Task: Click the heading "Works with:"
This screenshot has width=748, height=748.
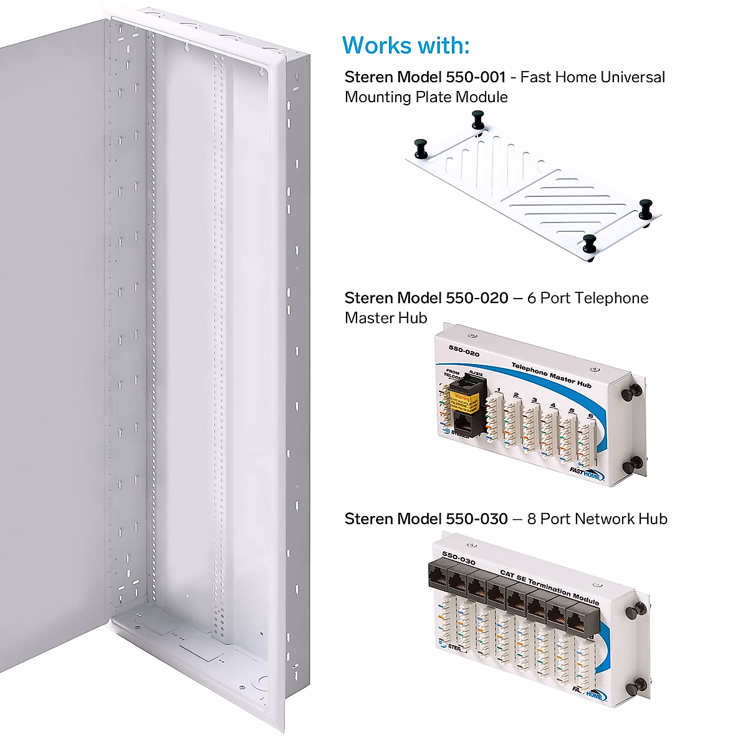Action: (406, 46)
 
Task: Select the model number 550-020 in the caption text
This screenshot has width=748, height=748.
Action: (477, 298)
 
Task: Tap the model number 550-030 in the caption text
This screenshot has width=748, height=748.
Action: (477, 519)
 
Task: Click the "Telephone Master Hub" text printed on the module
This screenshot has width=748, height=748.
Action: (551, 375)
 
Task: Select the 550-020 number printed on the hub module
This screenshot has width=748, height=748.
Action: (464, 350)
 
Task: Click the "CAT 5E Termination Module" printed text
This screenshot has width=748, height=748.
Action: (549, 588)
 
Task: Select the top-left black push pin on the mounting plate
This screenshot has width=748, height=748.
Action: (420, 148)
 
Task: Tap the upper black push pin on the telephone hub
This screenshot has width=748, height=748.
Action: (634, 391)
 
